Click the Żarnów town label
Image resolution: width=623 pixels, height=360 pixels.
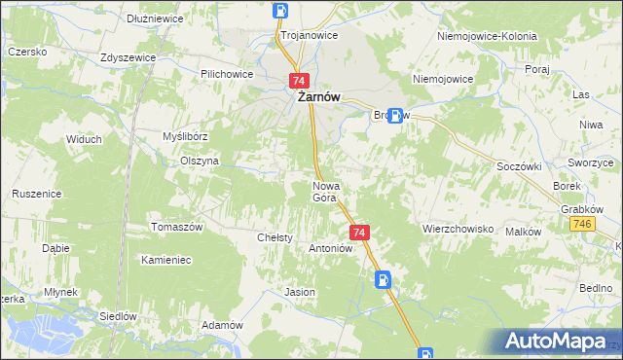[x=312, y=96]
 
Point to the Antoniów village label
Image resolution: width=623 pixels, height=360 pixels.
[x=329, y=248]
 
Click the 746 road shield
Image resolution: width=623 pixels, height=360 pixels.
[x=582, y=225]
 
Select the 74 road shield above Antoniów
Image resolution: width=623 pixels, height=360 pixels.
[x=359, y=233]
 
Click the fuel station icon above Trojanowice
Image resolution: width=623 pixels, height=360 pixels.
[x=280, y=12]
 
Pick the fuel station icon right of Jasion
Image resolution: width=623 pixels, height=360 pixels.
[x=385, y=280]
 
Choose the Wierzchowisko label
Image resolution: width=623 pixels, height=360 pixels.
[x=459, y=230]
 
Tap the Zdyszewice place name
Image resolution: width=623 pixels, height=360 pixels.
[x=128, y=57]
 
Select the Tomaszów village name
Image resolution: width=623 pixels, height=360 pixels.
[x=176, y=228]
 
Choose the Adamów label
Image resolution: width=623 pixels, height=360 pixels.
[x=221, y=325]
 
